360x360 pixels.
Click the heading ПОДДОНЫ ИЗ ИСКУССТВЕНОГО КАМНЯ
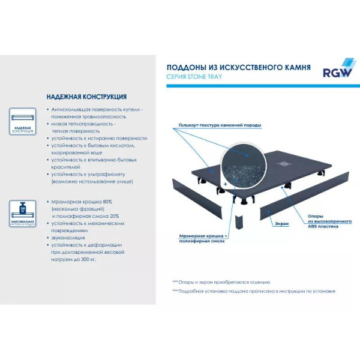(x=238, y=68)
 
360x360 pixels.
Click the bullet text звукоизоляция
(x=68, y=237)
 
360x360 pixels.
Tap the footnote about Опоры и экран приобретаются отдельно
(x=221, y=281)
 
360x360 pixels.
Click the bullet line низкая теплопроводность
(x=84, y=123)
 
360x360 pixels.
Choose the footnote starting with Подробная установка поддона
(x=253, y=290)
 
